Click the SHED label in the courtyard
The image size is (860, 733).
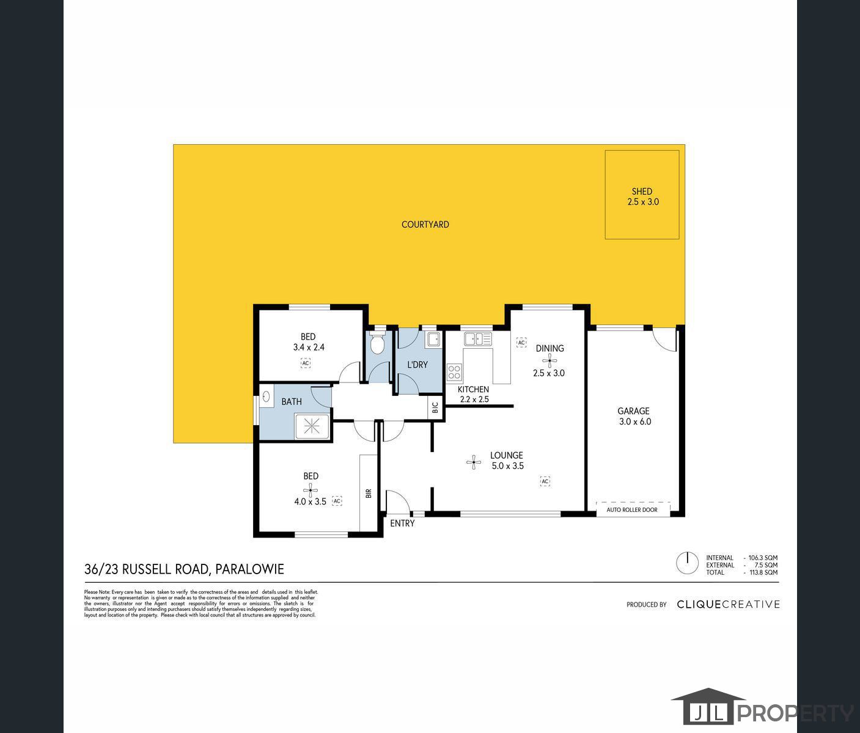coord(642,191)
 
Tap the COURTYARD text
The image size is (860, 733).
coord(425,224)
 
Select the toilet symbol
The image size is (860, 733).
coord(378,345)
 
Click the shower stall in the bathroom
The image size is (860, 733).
coord(313,426)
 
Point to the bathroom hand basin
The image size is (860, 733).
coord(266,396)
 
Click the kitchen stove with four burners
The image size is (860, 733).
coord(454,373)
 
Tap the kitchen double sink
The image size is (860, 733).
coord(477,338)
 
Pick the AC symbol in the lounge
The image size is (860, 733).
coord(545,481)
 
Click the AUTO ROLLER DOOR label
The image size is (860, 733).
coord(632,509)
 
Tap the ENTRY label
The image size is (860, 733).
coord(402,523)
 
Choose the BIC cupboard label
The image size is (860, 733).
coord(435,407)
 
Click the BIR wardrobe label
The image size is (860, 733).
coord(369,493)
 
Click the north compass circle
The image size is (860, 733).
coord(687,563)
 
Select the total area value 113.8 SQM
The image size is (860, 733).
coord(763,572)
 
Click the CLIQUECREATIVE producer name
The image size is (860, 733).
coord(728,604)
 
